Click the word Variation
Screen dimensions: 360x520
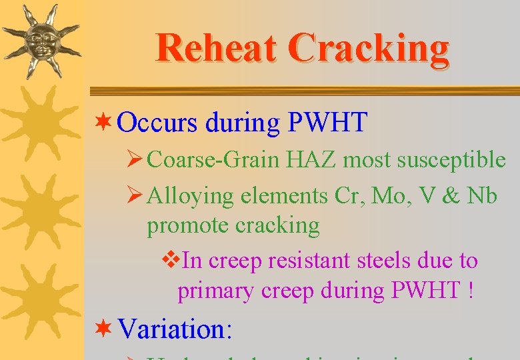[172, 329]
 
